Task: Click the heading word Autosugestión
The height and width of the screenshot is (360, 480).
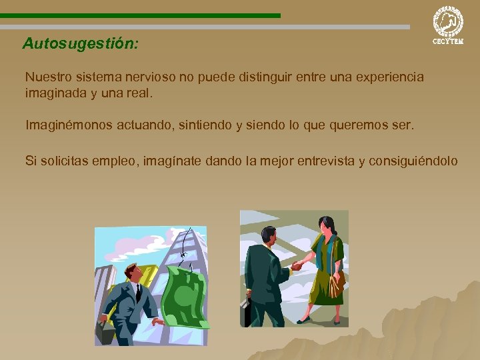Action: pos(81,44)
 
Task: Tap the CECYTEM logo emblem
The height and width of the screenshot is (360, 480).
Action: pos(448,21)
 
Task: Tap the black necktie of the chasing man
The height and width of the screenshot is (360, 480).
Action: pos(138,292)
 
